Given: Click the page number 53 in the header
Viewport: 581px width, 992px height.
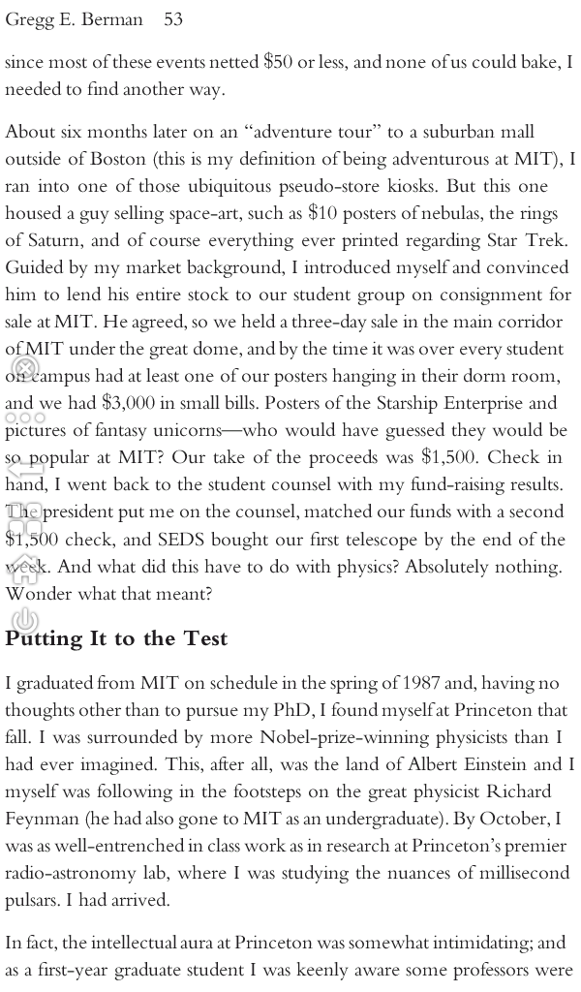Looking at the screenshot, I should tap(173, 19).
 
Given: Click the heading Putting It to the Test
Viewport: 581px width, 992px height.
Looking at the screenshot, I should tap(116, 638).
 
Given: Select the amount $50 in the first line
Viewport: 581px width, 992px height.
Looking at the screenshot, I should tap(279, 63).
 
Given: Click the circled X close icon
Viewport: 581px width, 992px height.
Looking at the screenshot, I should tap(24, 368).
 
